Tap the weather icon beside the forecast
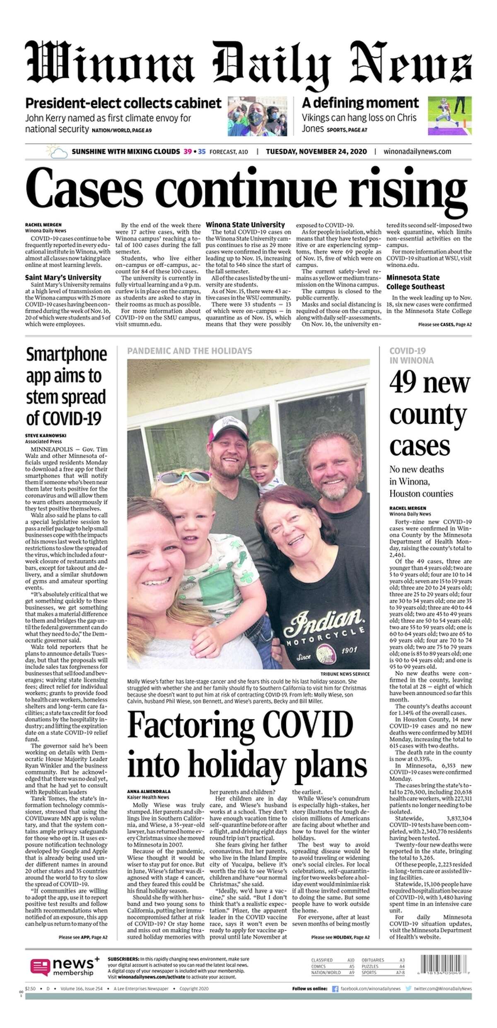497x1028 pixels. pos(57,152)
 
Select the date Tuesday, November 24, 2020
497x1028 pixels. pos(316,152)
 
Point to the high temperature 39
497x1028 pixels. pos(188,152)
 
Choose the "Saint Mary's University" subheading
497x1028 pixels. pos(63,278)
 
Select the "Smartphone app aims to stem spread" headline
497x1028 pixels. pos(67,386)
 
